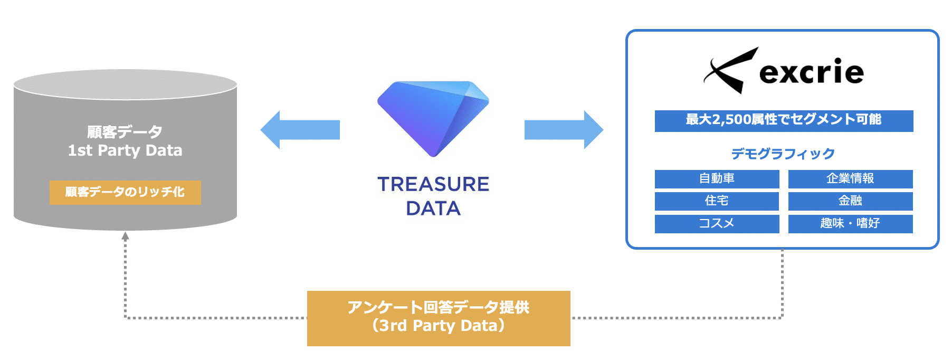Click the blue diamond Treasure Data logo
coord(433,118)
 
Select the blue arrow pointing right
coord(564,130)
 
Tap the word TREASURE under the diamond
coord(433,184)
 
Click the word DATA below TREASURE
coord(433,209)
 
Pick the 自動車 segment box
coord(717,179)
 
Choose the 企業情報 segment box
coord(850,179)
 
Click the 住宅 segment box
coord(717,201)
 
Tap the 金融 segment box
coord(850,201)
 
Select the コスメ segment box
coord(717,224)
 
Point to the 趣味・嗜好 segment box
coord(850,224)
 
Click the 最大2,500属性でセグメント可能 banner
coord(784,120)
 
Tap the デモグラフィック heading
coord(783,154)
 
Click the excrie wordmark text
coord(811,72)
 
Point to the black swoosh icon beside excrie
coord(730,71)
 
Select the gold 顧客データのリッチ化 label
coord(125,192)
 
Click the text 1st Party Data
coord(125,151)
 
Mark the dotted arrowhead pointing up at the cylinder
coord(125,236)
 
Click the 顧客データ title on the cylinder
coord(125,131)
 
